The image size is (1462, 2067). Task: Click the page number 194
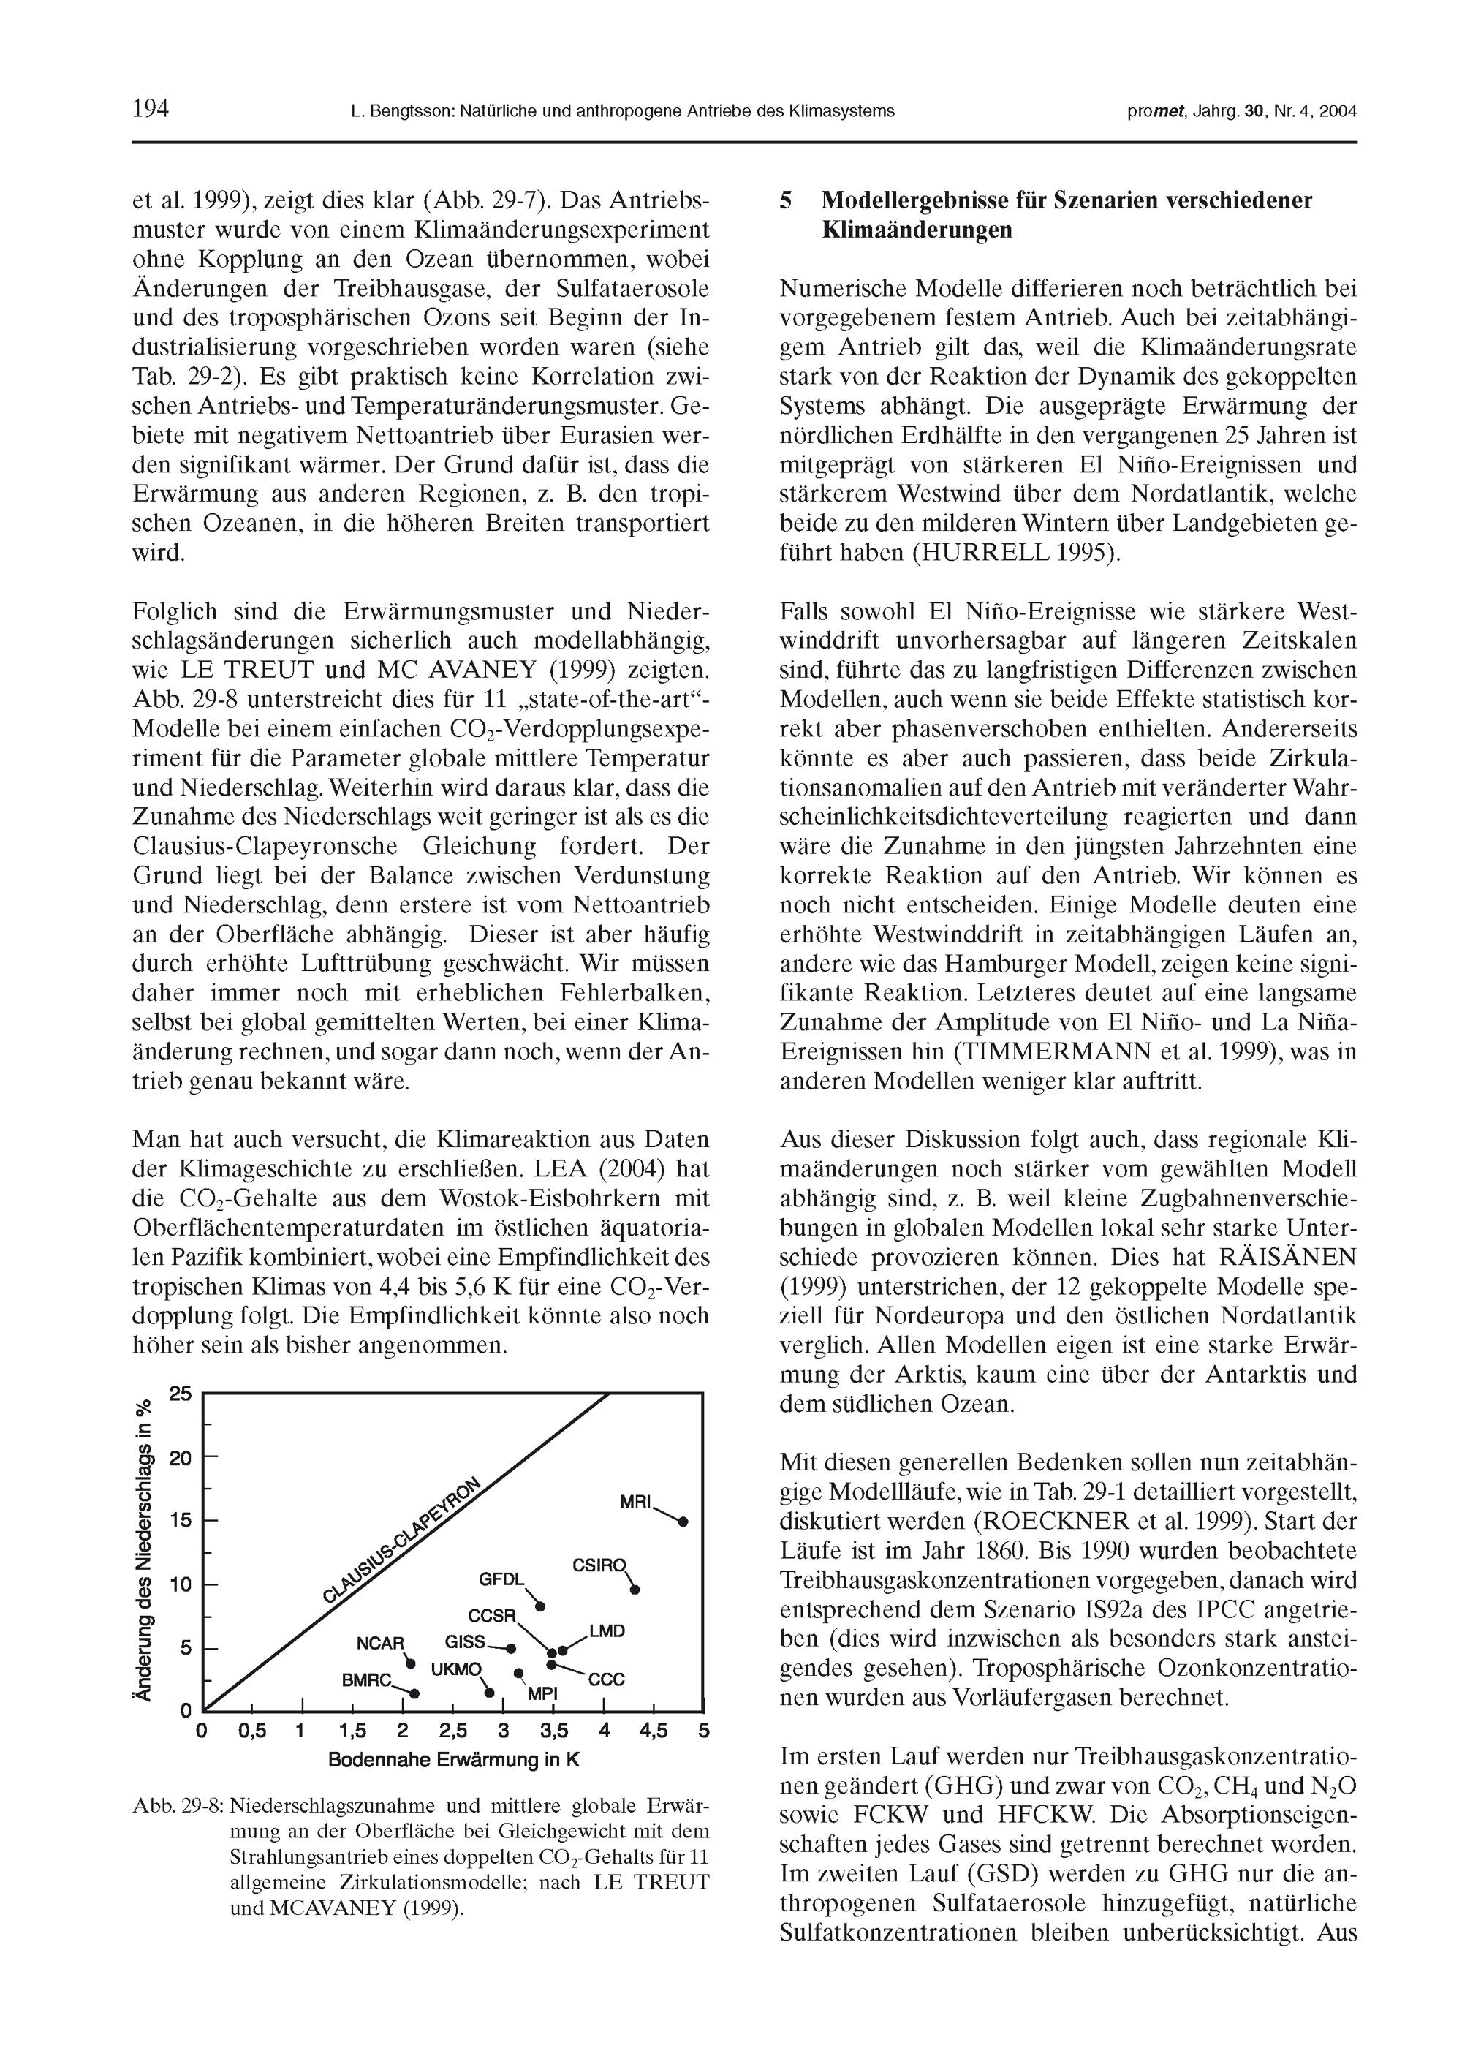[151, 110]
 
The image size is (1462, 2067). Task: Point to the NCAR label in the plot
[381, 1643]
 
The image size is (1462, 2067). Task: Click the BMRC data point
[414, 1693]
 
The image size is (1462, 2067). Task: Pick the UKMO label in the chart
[456, 1669]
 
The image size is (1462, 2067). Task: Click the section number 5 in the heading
[786, 200]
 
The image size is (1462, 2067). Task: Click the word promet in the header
[1155, 112]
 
